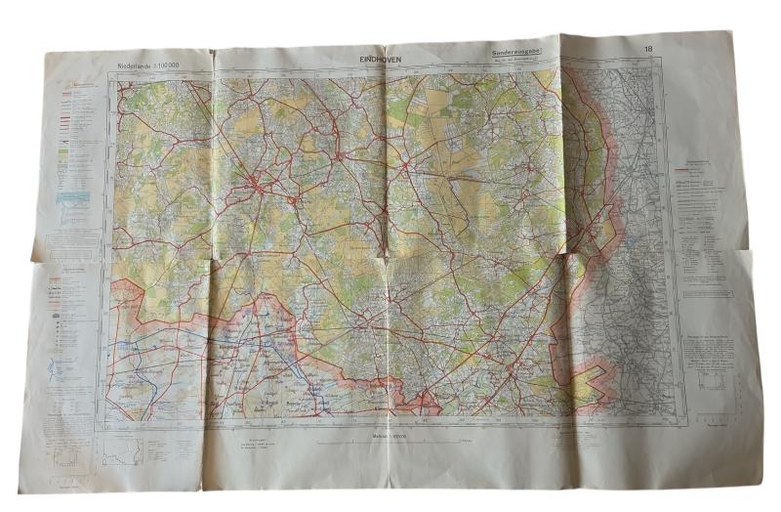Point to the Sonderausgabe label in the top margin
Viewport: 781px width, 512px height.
click(x=517, y=58)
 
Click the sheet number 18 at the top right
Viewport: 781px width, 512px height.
click(x=648, y=51)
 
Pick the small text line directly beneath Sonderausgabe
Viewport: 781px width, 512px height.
click(x=516, y=65)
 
